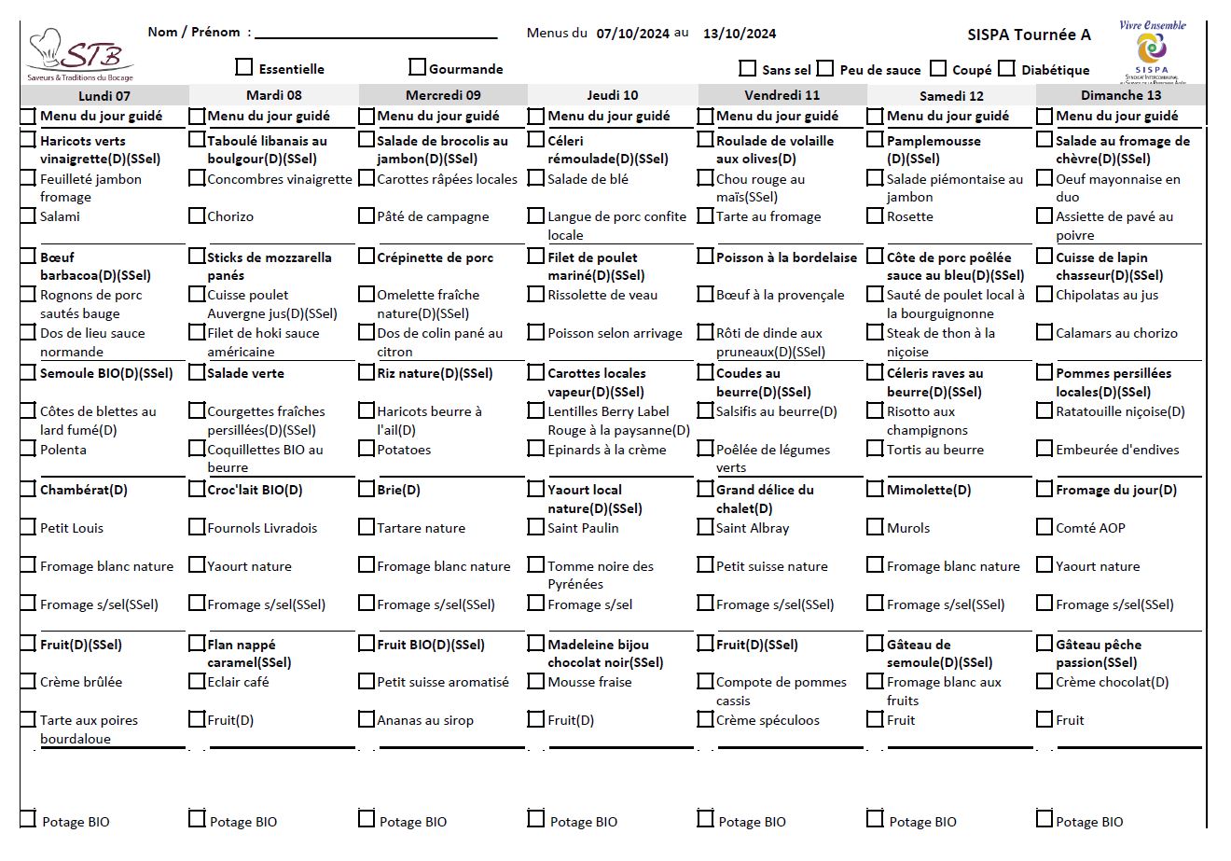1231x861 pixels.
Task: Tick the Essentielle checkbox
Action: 244,67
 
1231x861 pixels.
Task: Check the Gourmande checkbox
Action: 417,67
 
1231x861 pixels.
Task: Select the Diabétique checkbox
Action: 1006,68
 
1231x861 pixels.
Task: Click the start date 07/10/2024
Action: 632,34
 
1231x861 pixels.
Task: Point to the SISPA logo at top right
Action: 1152,53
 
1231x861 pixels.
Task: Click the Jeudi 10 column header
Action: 612,95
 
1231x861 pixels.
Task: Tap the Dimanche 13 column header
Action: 1120,95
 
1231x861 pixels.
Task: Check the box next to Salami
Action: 28,215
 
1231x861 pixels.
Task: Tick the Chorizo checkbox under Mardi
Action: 197,215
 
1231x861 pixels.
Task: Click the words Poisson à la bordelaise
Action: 786,257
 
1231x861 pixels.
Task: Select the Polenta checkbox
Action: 28,449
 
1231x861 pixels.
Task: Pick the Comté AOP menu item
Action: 1090,528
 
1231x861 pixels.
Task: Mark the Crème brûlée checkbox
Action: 28,681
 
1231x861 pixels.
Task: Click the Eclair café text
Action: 238,682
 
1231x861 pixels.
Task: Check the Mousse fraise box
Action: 536,681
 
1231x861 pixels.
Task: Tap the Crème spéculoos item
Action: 768,720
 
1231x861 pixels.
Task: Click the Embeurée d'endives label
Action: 1117,450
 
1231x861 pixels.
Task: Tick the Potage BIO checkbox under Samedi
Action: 875,819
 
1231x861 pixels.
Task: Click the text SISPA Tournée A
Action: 1029,35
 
